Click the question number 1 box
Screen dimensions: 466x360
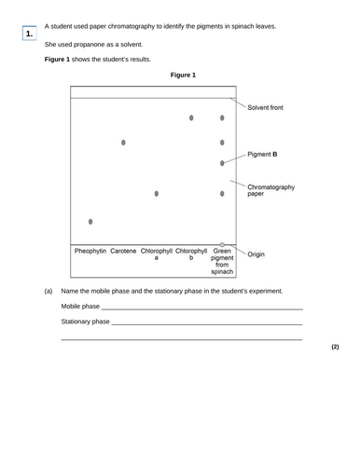30,34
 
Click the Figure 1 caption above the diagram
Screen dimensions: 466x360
178,75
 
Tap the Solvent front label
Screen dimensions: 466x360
266,108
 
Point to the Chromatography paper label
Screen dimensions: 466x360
270,191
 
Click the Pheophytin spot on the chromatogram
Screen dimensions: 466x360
90,222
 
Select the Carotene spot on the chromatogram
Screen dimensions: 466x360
123,143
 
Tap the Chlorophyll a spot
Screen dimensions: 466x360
156,194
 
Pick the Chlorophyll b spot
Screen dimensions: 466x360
191,118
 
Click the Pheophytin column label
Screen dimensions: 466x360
90,251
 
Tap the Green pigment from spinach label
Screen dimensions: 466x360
222,261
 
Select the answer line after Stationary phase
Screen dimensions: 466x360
206,322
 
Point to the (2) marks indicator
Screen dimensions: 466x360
335,347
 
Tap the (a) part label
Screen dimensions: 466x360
48,291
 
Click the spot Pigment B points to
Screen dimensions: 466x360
222,163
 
